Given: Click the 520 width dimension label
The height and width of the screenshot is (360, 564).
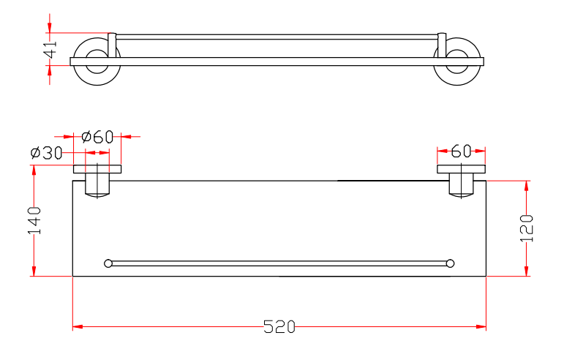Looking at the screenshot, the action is coord(279,326).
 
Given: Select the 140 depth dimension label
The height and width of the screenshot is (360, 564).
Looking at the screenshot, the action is coord(34,220).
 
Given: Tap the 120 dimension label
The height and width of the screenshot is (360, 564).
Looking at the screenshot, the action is coord(527,228).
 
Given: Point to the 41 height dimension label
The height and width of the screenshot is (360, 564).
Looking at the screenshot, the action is coord(50,49).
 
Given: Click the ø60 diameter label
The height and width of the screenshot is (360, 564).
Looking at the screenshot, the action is coord(97,137).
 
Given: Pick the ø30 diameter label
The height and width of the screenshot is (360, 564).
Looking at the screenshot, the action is coord(46,153).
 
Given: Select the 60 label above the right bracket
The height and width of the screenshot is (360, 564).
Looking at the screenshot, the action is coord(461,151).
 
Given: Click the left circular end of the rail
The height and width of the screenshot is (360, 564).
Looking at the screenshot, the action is coord(108,263).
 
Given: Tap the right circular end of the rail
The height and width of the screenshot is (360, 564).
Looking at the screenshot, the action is coord(450,263).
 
